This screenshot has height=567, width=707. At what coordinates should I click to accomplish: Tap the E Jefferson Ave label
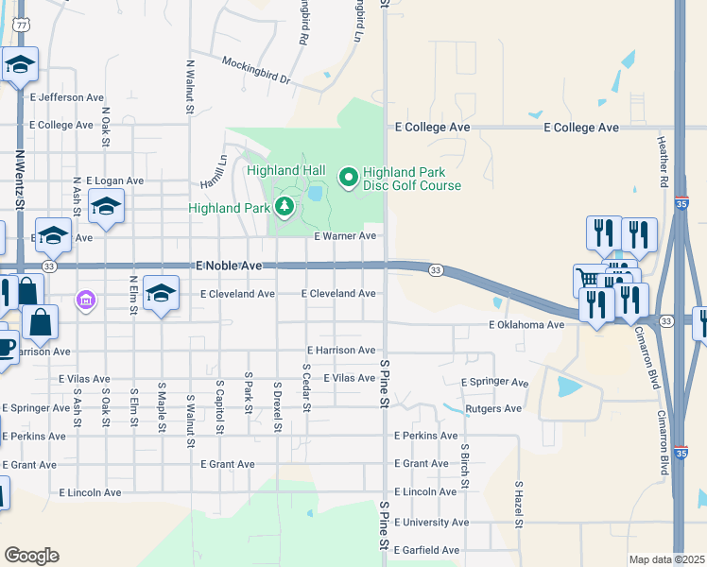tap(67, 97)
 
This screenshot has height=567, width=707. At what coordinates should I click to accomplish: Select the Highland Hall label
tap(286, 171)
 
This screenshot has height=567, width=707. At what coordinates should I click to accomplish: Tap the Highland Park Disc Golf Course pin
tap(348, 175)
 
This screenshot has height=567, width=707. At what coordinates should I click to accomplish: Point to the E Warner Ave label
tap(345, 235)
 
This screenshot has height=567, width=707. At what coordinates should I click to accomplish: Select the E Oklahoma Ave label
tap(526, 325)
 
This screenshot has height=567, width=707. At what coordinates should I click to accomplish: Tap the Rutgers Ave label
tap(493, 409)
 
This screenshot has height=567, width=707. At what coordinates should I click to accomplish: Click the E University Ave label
tap(431, 522)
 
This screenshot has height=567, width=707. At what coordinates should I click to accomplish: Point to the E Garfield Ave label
tap(426, 549)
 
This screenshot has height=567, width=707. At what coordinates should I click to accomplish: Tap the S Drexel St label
tap(277, 407)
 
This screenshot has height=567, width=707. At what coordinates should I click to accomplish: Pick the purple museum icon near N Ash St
tap(85, 301)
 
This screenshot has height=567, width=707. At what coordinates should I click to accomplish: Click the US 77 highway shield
tap(21, 26)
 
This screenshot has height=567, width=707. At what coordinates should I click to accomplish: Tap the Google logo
tap(31, 556)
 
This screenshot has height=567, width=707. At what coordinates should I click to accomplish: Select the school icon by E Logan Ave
tap(106, 205)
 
